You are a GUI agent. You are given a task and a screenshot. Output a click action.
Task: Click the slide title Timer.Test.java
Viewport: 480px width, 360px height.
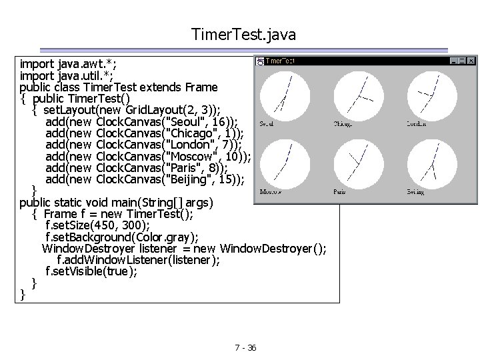coord(243,33)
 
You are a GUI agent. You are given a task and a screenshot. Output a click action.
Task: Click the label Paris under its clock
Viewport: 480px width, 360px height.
coord(339,192)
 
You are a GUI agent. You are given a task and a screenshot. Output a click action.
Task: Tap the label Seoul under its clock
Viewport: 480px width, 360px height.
coord(267,123)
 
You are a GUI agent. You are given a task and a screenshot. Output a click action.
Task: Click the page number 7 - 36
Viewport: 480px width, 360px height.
coord(246,347)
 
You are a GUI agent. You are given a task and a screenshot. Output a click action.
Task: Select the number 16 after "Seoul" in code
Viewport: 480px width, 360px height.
coord(215,121)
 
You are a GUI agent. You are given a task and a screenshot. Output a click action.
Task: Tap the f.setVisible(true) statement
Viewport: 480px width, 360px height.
coord(91,271)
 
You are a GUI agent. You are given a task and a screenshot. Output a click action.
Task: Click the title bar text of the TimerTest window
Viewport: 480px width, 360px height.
coord(281,61)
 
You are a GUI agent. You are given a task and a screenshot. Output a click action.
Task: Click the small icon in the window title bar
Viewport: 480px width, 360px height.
coord(260,61)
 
